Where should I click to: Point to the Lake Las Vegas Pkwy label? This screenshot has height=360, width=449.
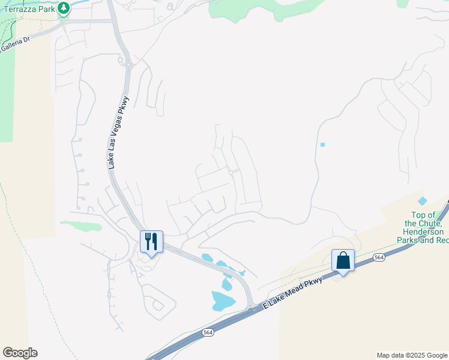click(x=119, y=133)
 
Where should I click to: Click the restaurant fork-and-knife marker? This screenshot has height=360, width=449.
click(x=151, y=241)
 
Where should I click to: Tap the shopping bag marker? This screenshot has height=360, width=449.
click(x=343, y=261)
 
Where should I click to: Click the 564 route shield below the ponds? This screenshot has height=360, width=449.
click(x=208, y=332)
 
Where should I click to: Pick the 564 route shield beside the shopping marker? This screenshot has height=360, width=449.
click(x=378, y=257)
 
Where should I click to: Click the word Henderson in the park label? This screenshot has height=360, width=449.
click(x=423, y=232)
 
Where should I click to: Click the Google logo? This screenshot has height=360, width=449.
click(x=20, y=353)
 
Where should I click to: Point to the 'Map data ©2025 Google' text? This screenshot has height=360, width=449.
click(x=411, y=355)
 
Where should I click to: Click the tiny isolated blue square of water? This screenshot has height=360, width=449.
click(x=322, y=145)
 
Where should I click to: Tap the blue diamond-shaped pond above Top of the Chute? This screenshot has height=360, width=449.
click(x=423, y=201)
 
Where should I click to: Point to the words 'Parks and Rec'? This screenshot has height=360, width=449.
click(x=423, y=240)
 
